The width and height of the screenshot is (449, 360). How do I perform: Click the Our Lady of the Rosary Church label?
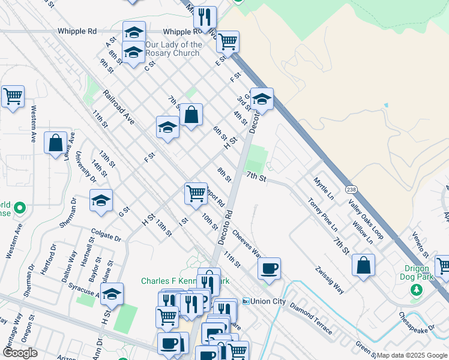coord(173,49)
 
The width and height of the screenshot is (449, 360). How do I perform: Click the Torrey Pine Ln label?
coord(323,215)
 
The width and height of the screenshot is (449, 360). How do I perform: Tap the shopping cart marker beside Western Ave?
coord(13,95)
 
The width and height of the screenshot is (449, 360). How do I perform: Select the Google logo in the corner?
coord(20,353)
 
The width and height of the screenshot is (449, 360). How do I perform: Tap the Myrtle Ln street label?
coord(324,188)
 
